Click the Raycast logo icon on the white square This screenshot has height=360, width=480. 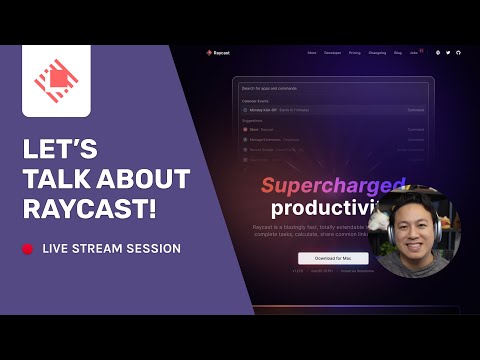click(x=56, y=81)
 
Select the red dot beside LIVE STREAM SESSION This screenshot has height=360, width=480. click(x=29, y=248)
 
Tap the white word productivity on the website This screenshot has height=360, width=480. click(x=319, y=210)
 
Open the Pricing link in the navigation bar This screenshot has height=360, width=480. click(x=354, y=52)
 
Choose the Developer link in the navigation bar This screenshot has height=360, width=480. click(x=332, y=52)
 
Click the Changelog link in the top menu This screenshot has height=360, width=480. click(x=377, y=52)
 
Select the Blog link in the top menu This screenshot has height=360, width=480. click(x=397, y=52)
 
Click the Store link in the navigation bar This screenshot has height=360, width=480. click(x=312, y=52)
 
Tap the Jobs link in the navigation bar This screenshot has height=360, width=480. click(x=414, y=52)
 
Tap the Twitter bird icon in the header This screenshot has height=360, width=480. click(x=448, y=52)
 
